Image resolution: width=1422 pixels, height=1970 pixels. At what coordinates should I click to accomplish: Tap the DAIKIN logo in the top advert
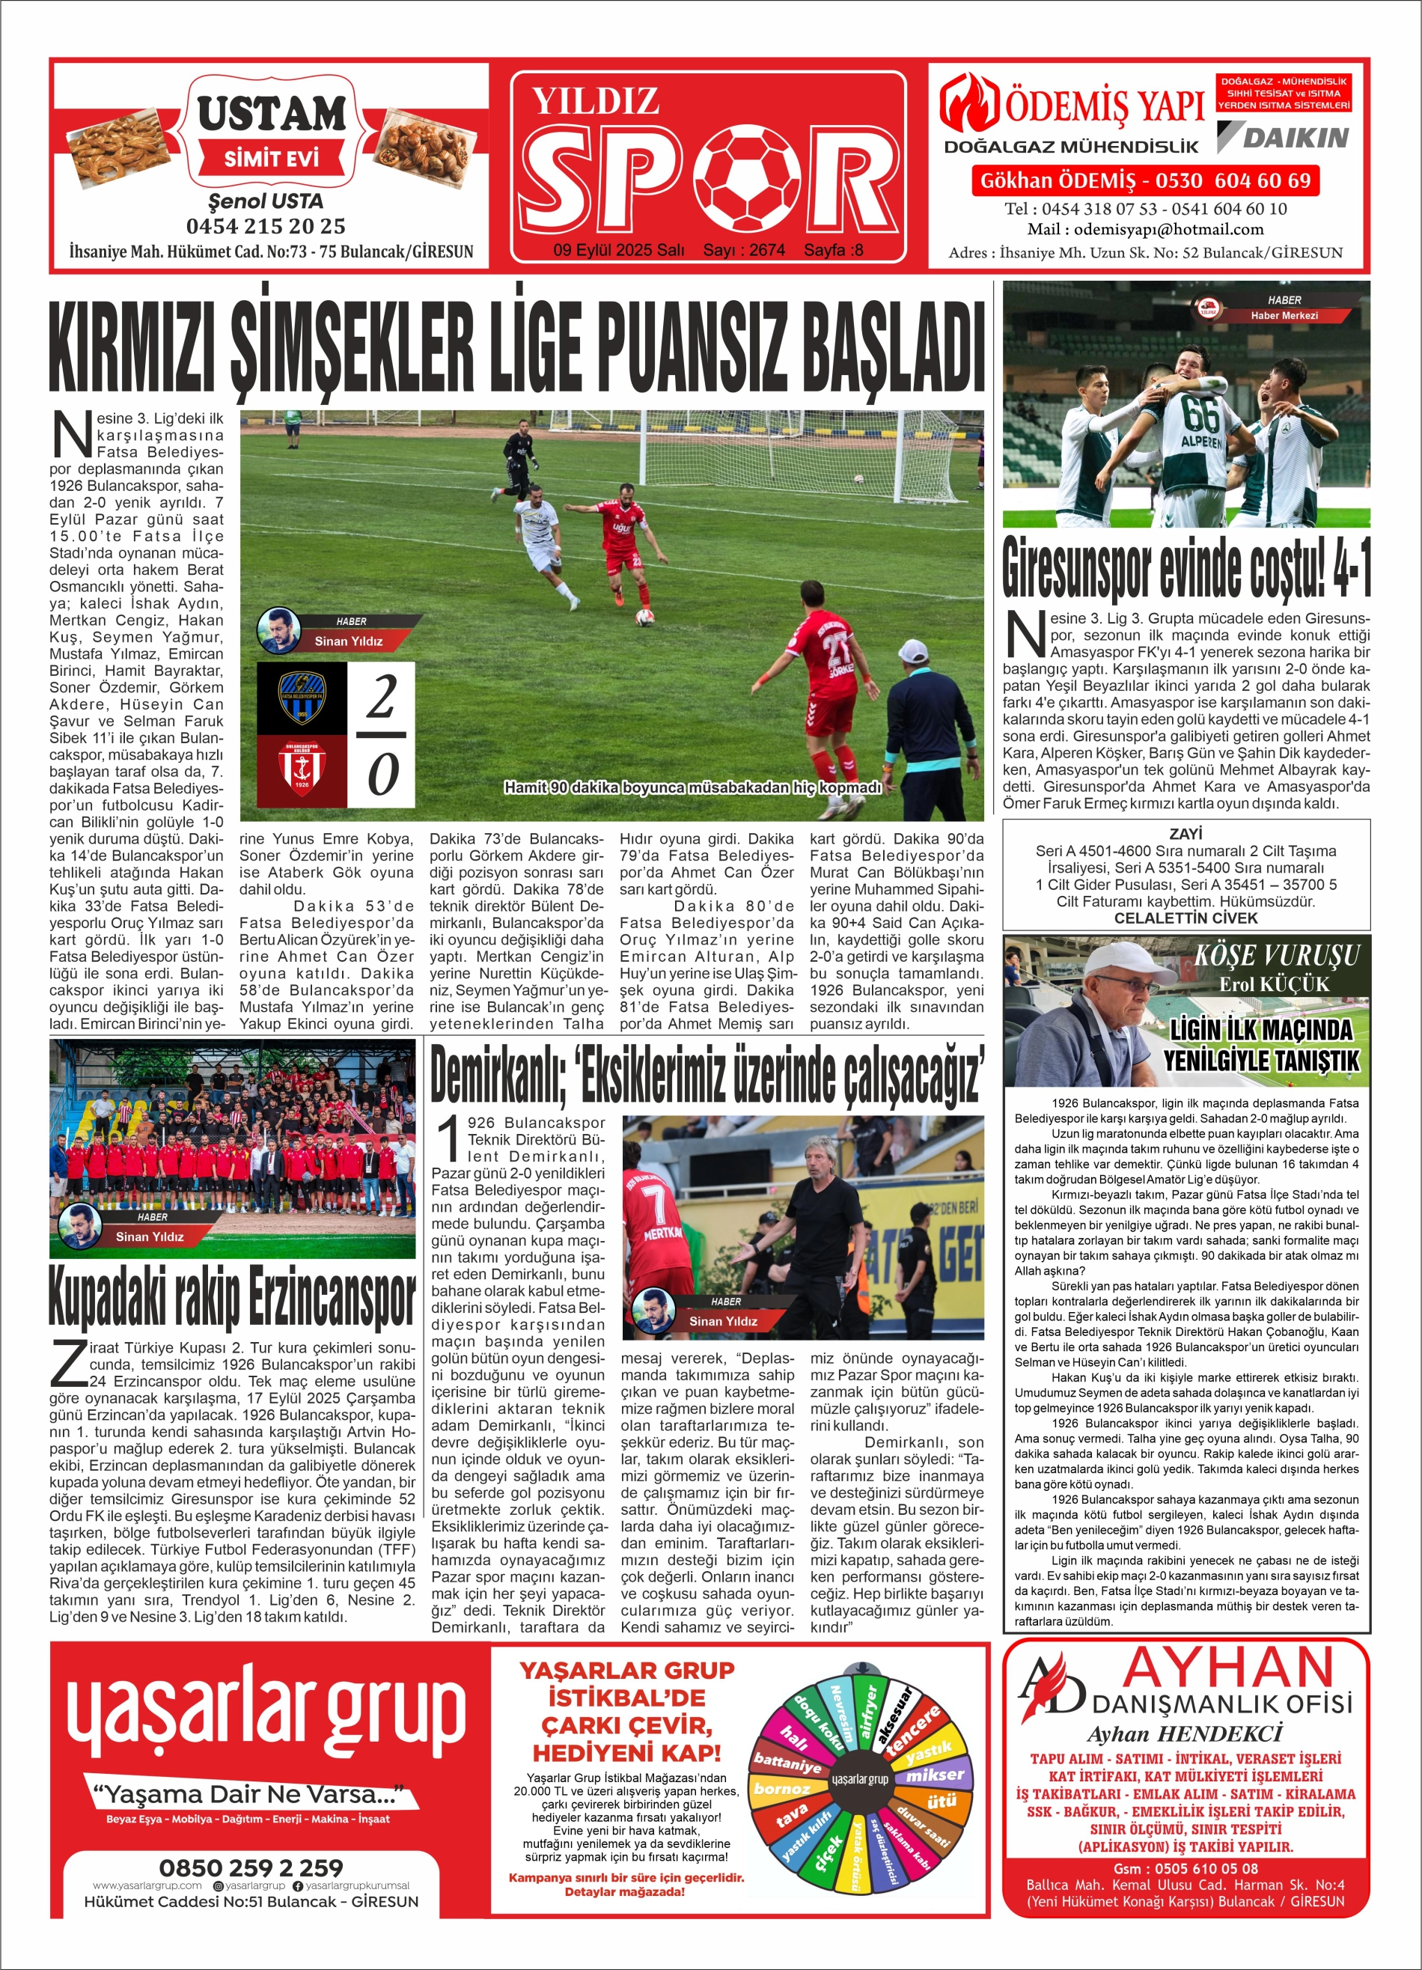pyautogui.click(x=1283, y=137)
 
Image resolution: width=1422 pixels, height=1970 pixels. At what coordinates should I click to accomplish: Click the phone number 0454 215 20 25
pyautogui.click(x=266, y=227)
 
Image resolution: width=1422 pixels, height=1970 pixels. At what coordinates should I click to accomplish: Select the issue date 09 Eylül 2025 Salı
pyautogui.click(x=618, y=250)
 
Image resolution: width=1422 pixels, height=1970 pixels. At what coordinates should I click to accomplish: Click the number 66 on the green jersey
pyautogui.click(x=1200, y=415)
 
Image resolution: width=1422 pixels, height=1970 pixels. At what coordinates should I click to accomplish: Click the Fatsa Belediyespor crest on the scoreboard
pyautogui.click(x=302, y=698)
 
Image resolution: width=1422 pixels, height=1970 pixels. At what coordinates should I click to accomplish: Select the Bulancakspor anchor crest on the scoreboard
pyautogui.click(x=302, y=770)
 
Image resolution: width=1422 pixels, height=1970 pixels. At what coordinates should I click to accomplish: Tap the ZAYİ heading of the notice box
pyautogui.click(x=1185, y=833)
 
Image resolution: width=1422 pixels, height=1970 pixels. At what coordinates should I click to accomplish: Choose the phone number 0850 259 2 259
pyautogui.click(x=250, y=1867)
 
